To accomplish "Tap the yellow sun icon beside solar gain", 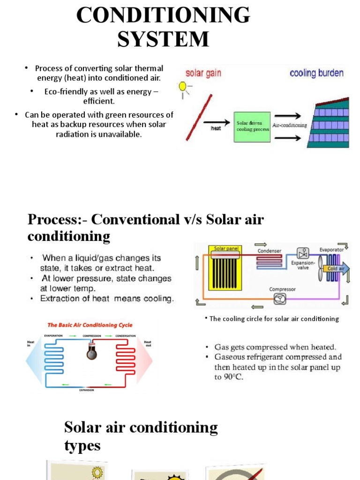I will point(182,86).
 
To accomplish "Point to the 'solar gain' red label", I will point(203,73).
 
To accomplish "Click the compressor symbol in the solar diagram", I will point(281,300).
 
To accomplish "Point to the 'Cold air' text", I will point(336,269).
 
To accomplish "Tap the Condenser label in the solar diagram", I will point(269,251).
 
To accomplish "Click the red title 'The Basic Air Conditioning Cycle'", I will point(90,325).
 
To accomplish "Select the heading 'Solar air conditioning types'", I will point(141,436).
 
